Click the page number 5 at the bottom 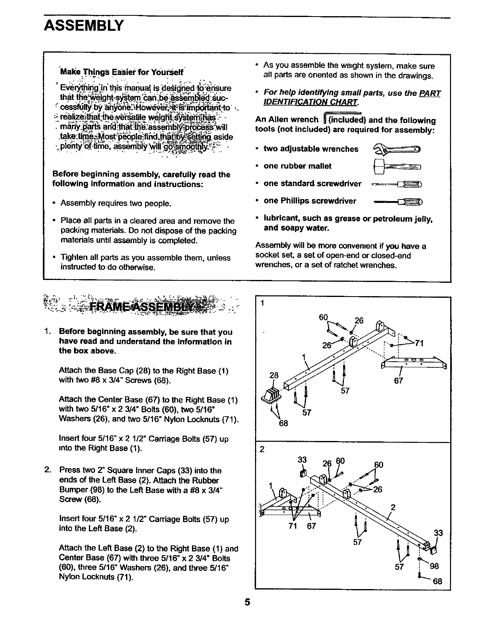coord(247,614)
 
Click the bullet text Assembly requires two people coord(116,203)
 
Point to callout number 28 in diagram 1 coord(274,375)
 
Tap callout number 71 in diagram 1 coord(419,343)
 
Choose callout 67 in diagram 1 coord(398,381)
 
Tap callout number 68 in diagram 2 coord(437,582)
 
